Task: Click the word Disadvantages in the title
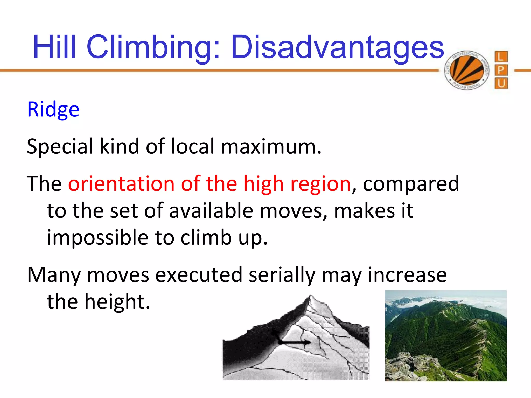click(x=337, y=47)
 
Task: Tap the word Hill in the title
click(x=54, y=47)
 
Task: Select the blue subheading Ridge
click(x=53, y=109)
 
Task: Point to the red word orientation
click(x=121, y=184)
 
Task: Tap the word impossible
click(x=97, y=238)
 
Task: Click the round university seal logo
click(x=467, y=70)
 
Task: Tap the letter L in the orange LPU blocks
click(x=501, y=57)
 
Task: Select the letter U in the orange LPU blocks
click(x=501, y=83)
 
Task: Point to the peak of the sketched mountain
click(x=310, y=297)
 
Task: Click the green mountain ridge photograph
click(x=445, y=336)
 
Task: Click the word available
click(x=211, y=210)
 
